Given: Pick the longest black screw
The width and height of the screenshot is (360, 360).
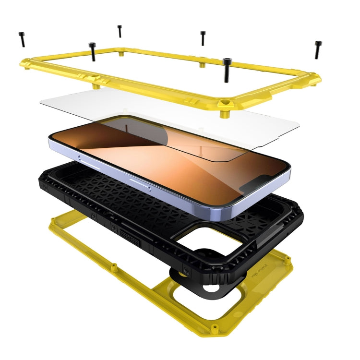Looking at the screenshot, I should tap(228, 70).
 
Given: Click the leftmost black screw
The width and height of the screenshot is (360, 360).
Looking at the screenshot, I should tap(22, 39).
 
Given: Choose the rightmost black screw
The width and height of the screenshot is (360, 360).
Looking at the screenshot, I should tap(317, 49).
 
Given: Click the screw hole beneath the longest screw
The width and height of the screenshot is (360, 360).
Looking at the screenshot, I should tap(223, 102).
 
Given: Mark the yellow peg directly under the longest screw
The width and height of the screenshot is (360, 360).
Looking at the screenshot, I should tap(223, 114).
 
